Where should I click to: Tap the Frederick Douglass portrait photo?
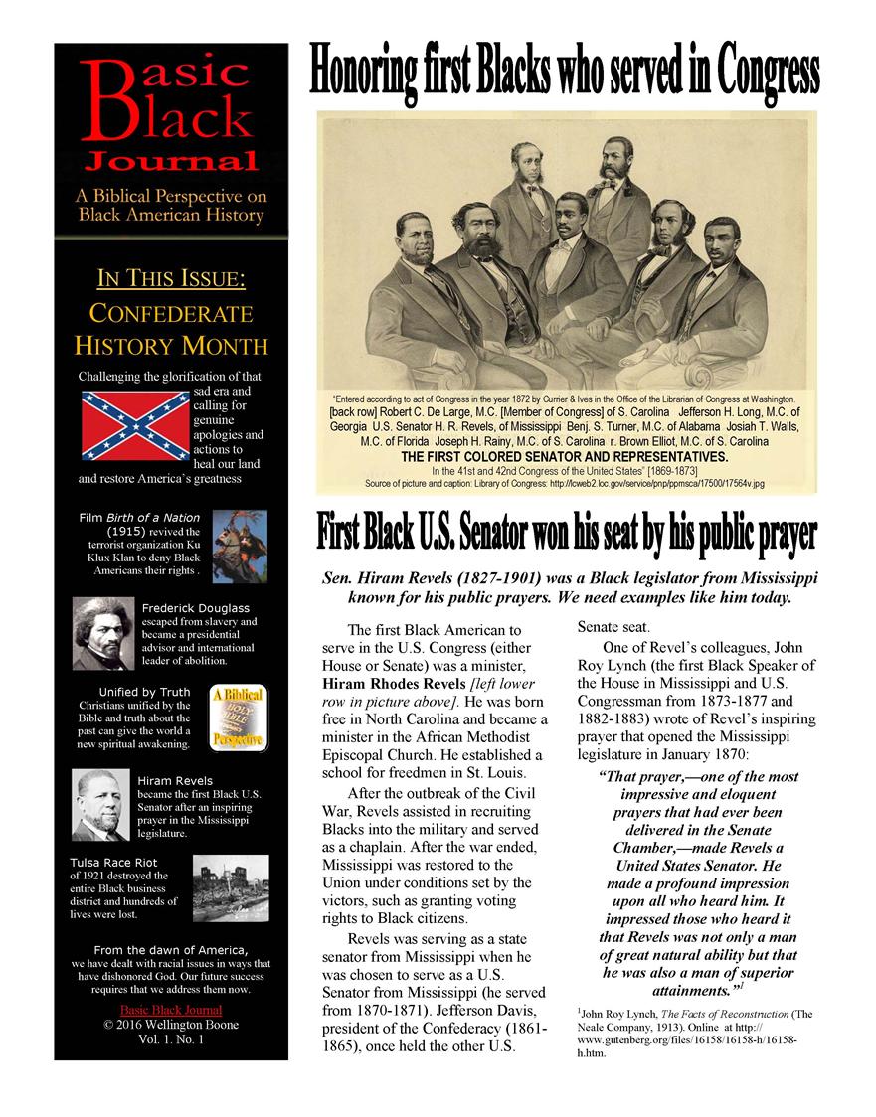point(103,634)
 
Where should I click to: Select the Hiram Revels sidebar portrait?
point(102,805)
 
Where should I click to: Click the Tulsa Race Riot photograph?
point(230,886)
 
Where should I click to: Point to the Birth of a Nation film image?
point(240,546)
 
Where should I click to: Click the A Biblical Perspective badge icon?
point(237,717)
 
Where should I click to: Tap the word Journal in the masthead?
point(170,160)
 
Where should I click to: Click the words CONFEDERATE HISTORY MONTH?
point(170,330)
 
